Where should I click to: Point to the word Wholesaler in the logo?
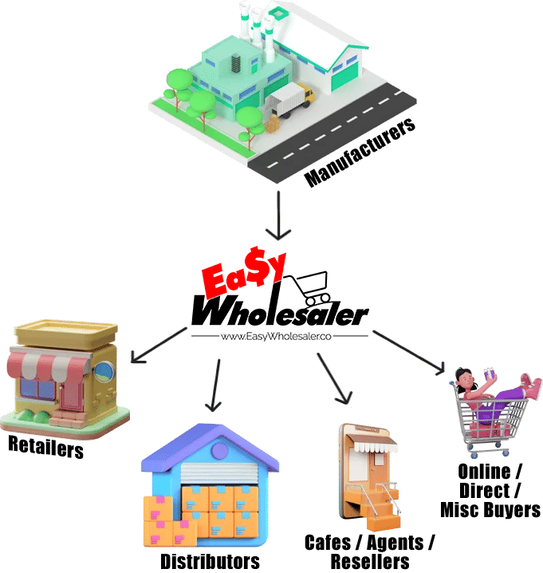(x=279, y=310)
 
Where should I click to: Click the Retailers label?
(x=45, y=447)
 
